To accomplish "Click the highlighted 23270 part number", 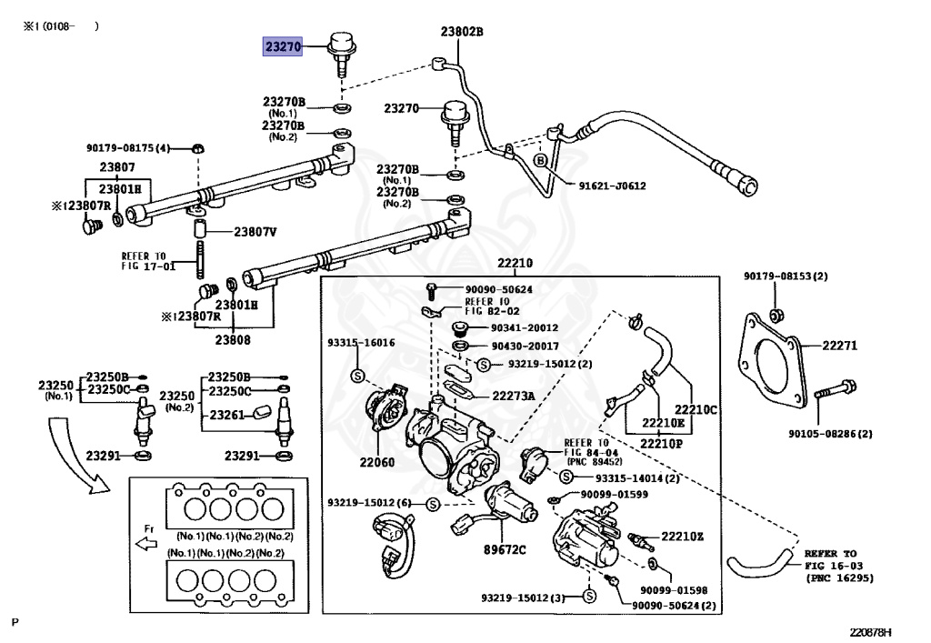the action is (x=283, y=46).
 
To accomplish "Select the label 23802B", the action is (x=461, y=32).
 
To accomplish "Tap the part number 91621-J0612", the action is (x=612, y=186).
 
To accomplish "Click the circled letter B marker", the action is (x=540, y=160).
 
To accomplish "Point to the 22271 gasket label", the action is (x=839, y=345).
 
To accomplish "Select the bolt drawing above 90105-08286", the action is (x=835, y=389).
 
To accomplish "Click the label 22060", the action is (x=377, y=461).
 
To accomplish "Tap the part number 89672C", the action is (x=505, y=550).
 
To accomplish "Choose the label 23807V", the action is (x=255, y=232).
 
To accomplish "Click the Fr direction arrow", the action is (x=146, y=543).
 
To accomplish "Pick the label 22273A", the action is (x=514, y=396).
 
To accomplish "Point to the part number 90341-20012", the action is (x=525, y=327).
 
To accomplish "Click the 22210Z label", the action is (x=682, y=536).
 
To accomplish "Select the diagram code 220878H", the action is (x=870, y=632).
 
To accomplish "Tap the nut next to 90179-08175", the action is (x=199, y=148).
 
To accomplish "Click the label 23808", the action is (x=233, y=339).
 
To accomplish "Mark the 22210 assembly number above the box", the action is (x=515, y=263).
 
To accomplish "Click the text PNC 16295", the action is (x=839, y=578).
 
